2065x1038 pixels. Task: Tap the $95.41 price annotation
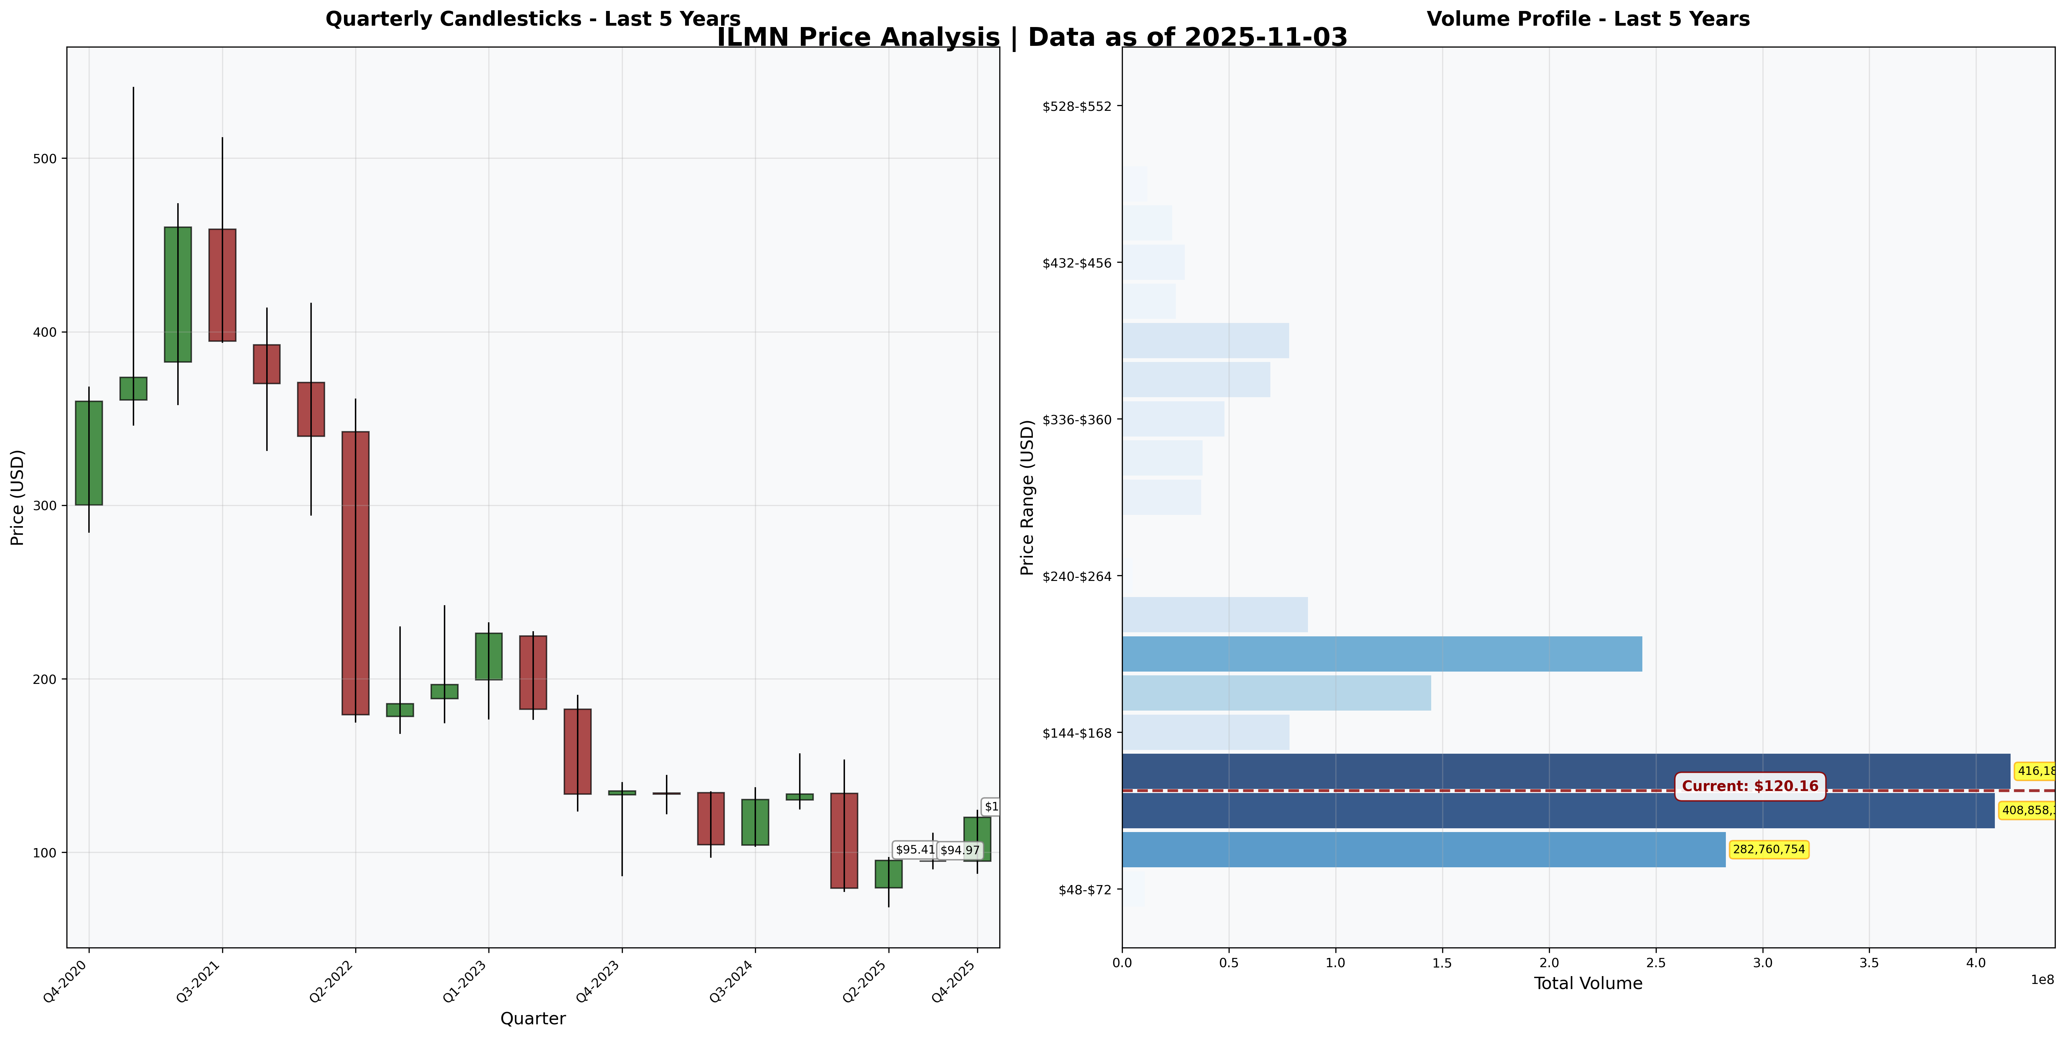click(915, 849)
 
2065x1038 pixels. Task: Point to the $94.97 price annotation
click(960, 851)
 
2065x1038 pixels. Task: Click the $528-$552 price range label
click(1082, 106)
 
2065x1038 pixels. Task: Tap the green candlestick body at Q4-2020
click(89, 453)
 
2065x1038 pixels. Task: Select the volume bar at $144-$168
click(1206, 732)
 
